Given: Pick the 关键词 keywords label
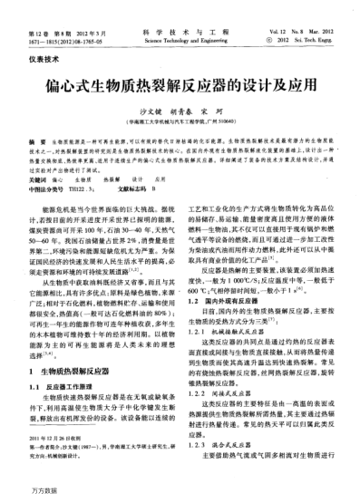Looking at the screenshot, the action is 40,180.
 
